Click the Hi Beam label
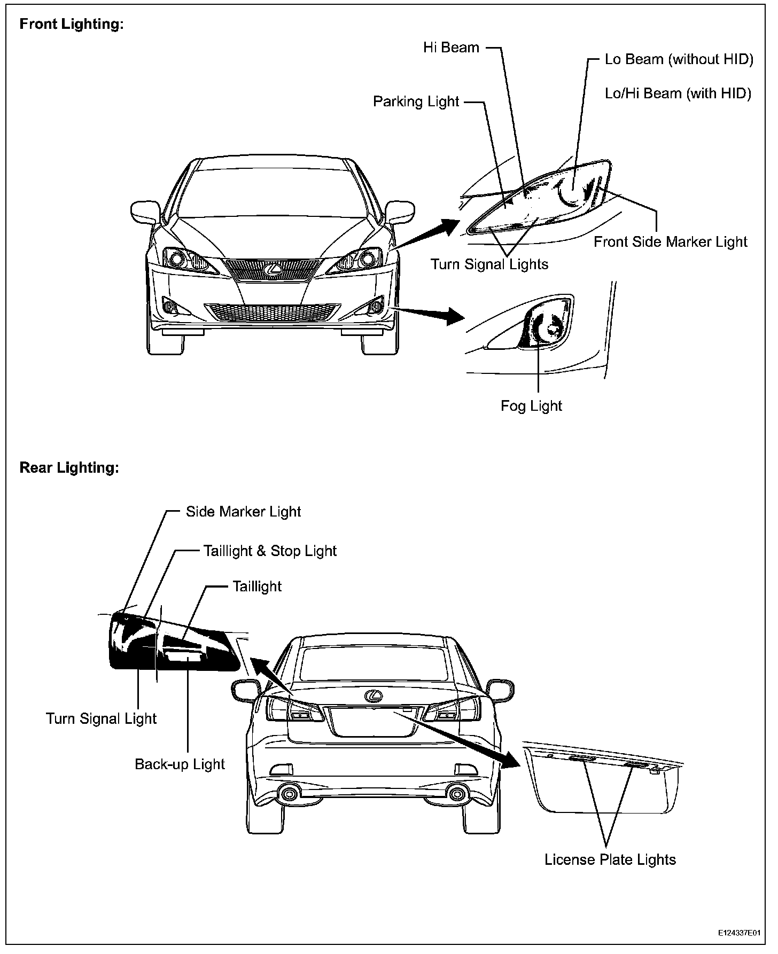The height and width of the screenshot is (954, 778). (x=451, y=48)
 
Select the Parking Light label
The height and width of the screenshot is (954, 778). (x=416, y=101)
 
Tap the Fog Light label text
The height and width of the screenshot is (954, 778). (x=531, y=406)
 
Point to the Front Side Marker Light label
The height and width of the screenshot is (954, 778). (x=670, y=242)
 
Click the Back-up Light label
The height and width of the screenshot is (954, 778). (x=180, y=764)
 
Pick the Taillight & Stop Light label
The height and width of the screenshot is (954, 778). (x=270, y=551)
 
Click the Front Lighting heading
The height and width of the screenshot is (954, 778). (x=72, y=25)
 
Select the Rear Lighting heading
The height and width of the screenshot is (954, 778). (x=69, y=468)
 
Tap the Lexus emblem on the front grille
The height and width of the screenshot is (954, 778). (x=274, y=269)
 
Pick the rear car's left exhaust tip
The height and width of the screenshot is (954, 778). (x=290, y=794)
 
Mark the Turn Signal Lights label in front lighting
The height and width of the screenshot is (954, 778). (x=489, y=264)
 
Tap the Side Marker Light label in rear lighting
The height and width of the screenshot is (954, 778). (x=243, y=512)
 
